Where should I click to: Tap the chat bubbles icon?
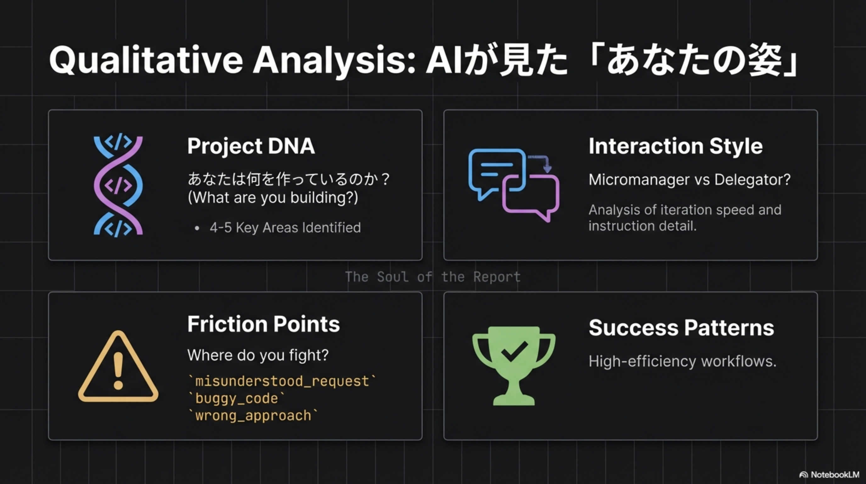tap(514, 185)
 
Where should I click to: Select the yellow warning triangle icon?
tap(118, 366)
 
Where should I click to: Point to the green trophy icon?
tap(514, 366)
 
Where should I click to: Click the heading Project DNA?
tap(251, 147)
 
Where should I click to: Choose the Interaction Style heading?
tap(676, 147)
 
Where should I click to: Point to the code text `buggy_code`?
tap(237, 399)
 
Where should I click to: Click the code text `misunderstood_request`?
tap(282, 381)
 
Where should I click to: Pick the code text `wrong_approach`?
tap(253, 416)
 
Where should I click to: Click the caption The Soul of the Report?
tap(433, 277)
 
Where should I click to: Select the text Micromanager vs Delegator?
tap(689, 180)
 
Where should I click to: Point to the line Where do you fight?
tap(258, 355)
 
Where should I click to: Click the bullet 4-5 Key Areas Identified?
tap(285, 228)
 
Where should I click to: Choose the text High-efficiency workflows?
tap(683, 361)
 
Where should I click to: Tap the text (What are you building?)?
tap(273, 198)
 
